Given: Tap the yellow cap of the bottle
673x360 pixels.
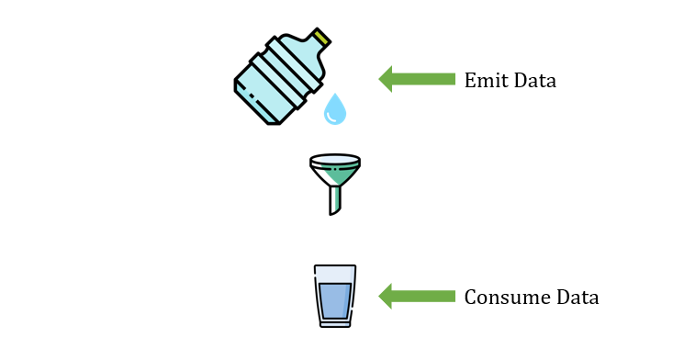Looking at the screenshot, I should tap(320, 38).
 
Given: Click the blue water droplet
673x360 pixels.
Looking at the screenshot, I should tap(335, 109).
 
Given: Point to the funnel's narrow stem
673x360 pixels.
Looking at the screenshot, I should tap(335, 200).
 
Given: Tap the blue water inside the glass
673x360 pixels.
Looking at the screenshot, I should tap(335, 300).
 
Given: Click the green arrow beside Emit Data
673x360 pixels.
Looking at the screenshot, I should tap(417, 79).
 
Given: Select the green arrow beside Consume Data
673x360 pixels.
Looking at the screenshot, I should tap(417, 297).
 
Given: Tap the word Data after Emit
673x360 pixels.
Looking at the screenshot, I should tap(535, 80).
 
